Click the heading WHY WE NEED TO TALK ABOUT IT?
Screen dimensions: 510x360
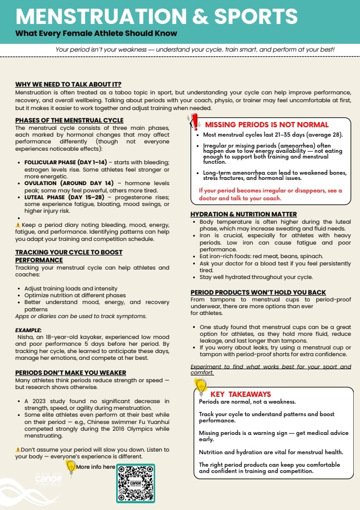(x=68, y=84)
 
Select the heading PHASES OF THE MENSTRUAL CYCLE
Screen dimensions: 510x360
(x=69, y=120)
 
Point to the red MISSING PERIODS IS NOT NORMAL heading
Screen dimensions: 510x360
(x=267, y=125)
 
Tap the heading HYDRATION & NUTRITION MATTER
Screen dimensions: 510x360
(x=243, y=214)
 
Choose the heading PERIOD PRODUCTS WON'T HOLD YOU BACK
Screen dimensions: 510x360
(x=258, y=292)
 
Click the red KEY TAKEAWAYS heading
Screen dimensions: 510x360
(x=240, y=394)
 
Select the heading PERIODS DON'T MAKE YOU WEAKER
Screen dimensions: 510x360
(x=71, y=372)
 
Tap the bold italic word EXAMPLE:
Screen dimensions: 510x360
(x=28, y=330)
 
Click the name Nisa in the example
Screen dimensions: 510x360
(x=23, y=337)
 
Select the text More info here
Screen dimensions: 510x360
(x=95, y=467)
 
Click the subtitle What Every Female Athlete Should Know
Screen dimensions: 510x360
(x=96, y=33)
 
